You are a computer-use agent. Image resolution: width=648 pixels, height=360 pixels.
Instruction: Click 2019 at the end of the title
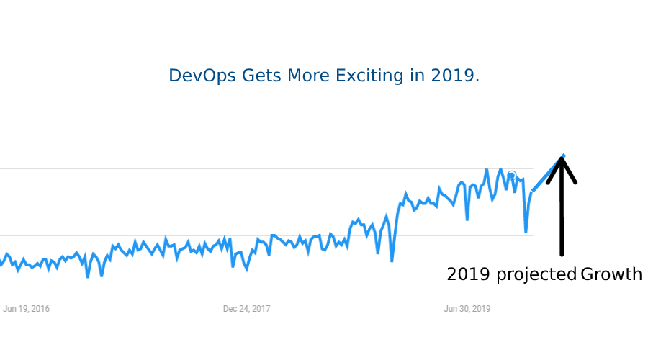pyautogui.click(x=455, y=76)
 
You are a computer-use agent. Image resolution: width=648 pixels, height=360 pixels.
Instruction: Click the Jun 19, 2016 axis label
pyautogui.click(x=27, y=310)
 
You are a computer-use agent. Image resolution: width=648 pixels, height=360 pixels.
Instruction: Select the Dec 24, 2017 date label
pyautogui.click(x=246, y=310)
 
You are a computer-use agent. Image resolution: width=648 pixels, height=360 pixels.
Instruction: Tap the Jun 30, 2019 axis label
pyautogui.click(x=467, y=310)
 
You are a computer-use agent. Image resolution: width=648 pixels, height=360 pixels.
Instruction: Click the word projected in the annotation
pyautogui.click(x=536, y=275)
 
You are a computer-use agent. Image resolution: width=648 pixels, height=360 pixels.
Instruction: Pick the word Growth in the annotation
pyautogui.click(x=611, y=274)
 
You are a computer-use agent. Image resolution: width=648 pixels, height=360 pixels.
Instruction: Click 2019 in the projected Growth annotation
pyautogui.click(x=468, y=274)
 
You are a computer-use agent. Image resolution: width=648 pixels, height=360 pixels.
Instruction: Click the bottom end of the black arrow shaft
pyautogui.click(x=562, y=253)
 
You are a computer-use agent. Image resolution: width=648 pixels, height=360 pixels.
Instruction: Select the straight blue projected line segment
pyautogui.click(x=548, y=174)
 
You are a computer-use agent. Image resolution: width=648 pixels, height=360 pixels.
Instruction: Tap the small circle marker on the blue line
pyautogui.click(x=511, y=175)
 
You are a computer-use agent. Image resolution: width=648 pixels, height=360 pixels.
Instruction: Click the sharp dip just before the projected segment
pyautogui.click(x=526, y=231)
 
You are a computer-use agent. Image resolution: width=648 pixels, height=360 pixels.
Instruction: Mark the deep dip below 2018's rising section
pyautogui.click(x=392, y=261)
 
